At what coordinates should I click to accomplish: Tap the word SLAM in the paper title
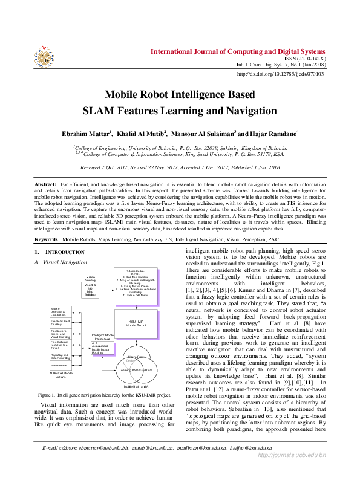[x=101, y=111]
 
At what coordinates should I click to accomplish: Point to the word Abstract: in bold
[x=45, y=183]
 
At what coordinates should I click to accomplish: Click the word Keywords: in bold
[x=47, y=239]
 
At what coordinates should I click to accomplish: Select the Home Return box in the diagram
[x=59, y=365]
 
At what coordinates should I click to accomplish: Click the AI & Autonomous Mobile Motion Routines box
[x=102, y=348]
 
